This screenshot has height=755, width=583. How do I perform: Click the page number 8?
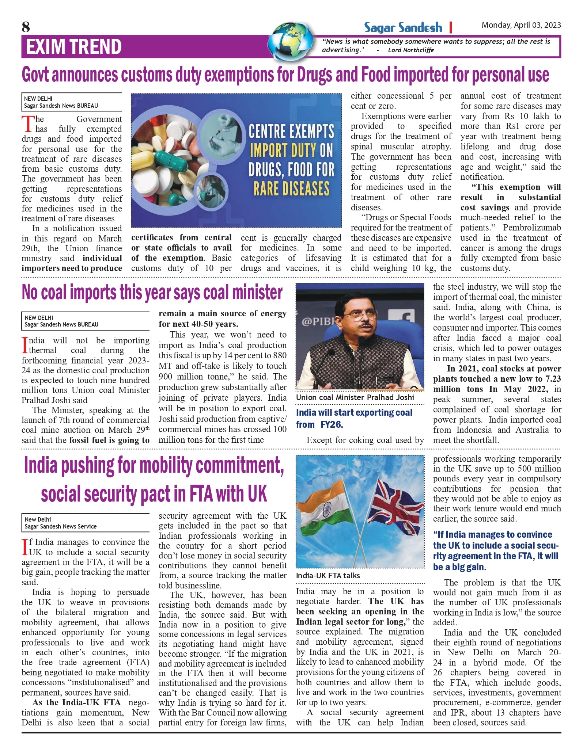coord(26,27)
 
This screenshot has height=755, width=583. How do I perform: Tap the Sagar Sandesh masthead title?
coord(403,27)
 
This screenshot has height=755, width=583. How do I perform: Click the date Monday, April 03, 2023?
coord(521,25)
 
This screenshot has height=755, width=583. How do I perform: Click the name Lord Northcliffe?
coord(411,50)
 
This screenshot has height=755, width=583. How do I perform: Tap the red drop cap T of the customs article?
coord(27,124)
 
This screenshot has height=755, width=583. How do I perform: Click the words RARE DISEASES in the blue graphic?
coord(291,188)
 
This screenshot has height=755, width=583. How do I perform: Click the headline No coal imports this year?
coord(152,292)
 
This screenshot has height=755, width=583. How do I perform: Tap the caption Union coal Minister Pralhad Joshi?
coord(355,397)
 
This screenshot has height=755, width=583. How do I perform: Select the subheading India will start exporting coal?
coord(354,412)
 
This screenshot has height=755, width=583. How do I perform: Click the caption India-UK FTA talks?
coord(328,576)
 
